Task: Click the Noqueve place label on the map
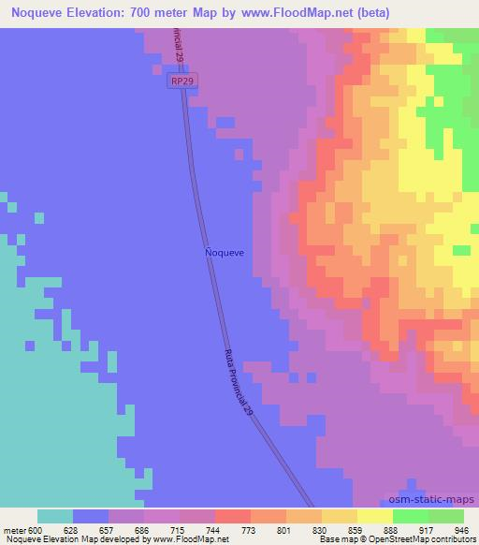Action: click(225, 253)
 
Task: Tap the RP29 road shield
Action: click(183, 83)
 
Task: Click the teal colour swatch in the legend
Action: click(55, 516)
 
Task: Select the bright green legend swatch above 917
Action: click(411, 516)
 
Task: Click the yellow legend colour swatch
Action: click(375, 516)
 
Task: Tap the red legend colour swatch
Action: click(233, 516)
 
